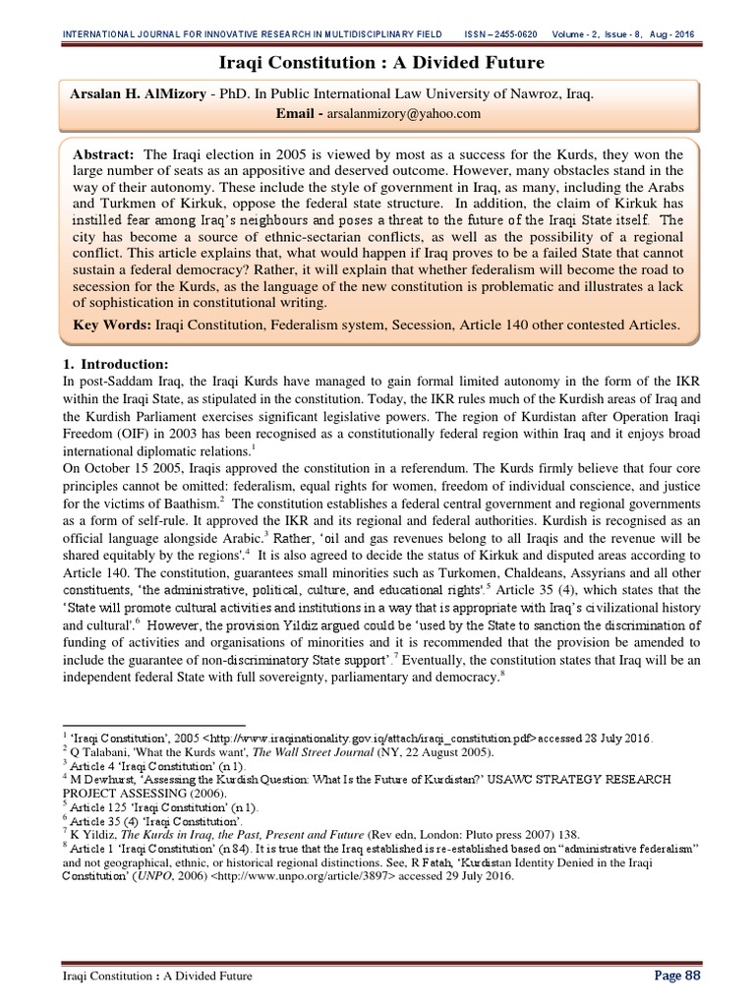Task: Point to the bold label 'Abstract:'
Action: pyautogui.click(x=104, y=155)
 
